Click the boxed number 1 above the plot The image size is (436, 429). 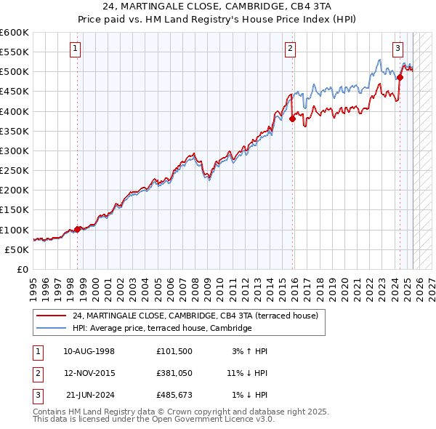pos(76,49)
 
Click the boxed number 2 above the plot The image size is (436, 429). pos(290,49)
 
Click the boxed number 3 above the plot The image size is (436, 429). pos(398,49)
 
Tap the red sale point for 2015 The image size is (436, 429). pos(292,119)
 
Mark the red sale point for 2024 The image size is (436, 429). pos(400,77)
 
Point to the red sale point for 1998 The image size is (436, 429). pos(78,229)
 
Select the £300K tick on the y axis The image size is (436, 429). pos(15,151)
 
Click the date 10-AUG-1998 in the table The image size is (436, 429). pos(89,351)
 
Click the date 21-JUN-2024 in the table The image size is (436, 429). pos(90,395)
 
